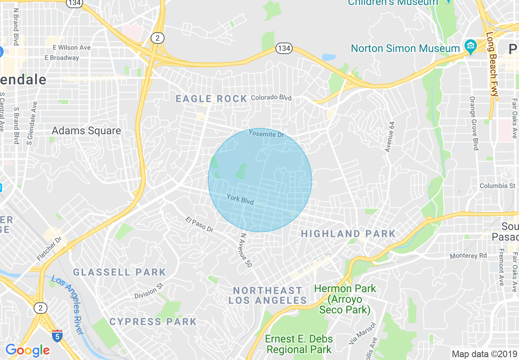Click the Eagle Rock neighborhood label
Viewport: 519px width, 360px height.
211,99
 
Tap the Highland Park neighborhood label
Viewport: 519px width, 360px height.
348,234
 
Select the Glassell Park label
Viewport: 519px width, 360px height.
120,272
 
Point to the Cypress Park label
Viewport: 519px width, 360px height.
153,322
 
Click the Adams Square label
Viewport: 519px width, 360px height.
86,131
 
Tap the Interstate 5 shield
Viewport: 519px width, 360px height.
58,335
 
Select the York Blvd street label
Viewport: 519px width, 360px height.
240,200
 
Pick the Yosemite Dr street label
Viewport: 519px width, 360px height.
266,133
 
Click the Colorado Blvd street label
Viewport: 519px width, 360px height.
271,98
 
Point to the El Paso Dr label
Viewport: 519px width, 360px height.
199,225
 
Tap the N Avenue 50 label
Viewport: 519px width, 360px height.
246,250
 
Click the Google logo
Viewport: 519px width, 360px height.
27,350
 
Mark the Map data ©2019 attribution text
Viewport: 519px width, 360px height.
484,354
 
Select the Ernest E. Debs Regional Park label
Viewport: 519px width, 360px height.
299,344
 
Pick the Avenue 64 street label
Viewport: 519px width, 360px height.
390,137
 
